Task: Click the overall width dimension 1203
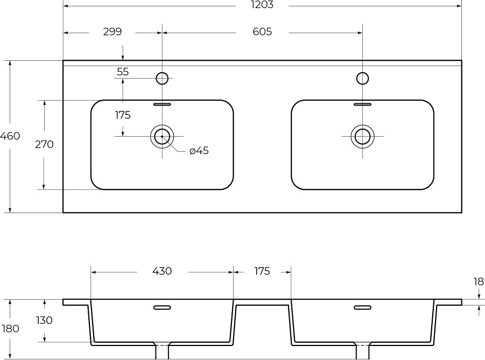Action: point(262,4)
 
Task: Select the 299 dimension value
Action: point(113,32)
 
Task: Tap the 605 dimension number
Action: point(262,32)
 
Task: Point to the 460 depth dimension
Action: point(10,136)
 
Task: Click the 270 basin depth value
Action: point(44,144)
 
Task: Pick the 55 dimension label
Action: point(123,72)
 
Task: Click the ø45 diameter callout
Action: point(199,151)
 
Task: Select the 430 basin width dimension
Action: point(162,271)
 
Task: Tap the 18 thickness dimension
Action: point(479,281)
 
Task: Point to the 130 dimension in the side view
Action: point(44,320)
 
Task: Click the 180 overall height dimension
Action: point(10,328)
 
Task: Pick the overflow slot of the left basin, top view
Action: point(162,104)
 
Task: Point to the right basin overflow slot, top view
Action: point(362,104)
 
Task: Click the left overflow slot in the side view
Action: point(162,307)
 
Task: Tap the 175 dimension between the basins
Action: point(262,271)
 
